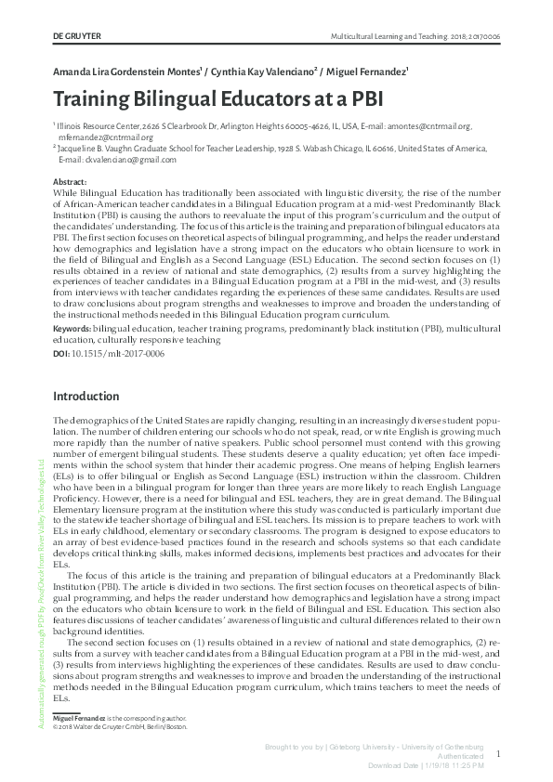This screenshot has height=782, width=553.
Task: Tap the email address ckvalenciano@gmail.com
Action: click(111, 160)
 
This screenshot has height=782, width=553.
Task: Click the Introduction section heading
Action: click(93, 397)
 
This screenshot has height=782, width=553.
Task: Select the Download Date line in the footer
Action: click(425, 765)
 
